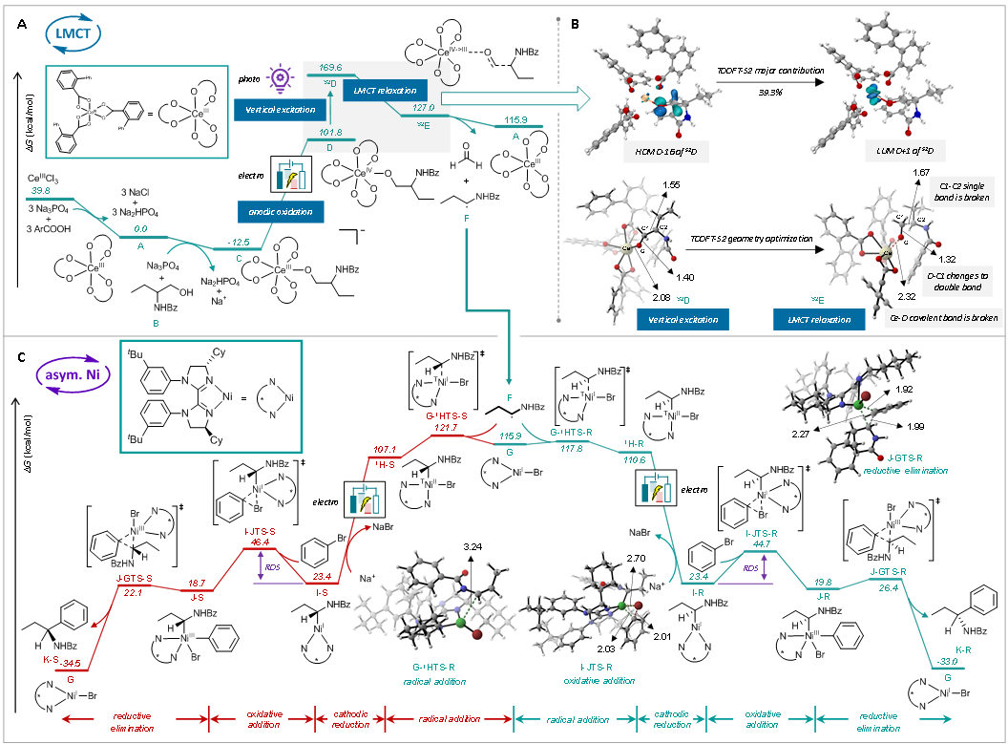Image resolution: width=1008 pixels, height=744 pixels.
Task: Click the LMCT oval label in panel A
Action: coord(70,35)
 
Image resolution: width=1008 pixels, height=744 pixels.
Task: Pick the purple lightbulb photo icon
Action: coord(281,77)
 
